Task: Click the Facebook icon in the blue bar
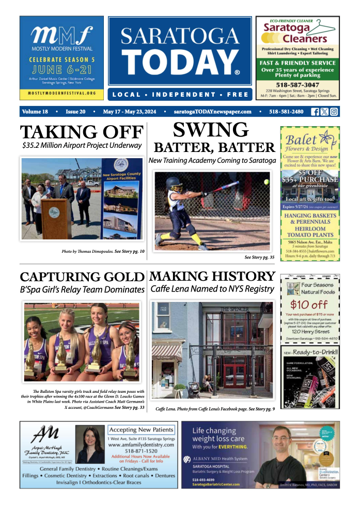[x=315, y=112]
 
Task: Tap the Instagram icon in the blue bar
[x=334, y=112]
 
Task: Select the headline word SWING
[x=210, y=130]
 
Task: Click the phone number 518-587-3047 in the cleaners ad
[x=297, y=84]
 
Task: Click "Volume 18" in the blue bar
[x=35, y=112]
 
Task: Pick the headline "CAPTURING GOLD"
[x=82, y=277]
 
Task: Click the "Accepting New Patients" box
[x=141, y=430]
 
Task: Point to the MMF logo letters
[x=61, y=36]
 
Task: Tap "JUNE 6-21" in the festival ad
[x=61, y=68]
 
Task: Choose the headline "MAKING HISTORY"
[x=212, y=277]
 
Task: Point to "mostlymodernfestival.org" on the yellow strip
[x=61, y=93]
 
